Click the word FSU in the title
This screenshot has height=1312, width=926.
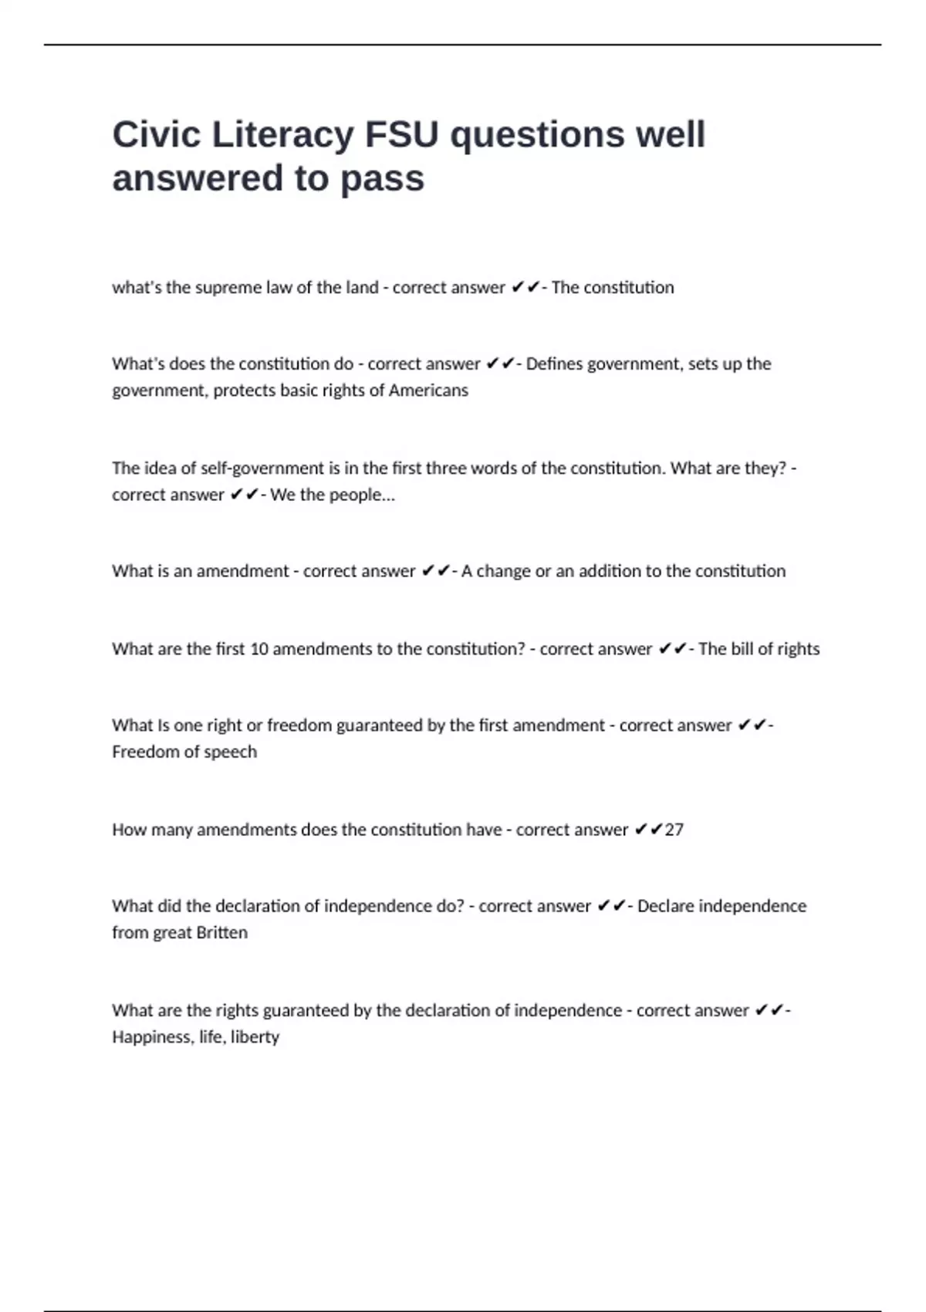point(401,135)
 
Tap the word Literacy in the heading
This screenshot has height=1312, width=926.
point(282,135)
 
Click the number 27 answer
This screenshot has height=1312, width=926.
point(674,830)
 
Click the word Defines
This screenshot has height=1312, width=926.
point(554,364)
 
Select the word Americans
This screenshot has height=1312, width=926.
point(428,391)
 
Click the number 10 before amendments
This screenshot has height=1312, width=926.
point(259,649)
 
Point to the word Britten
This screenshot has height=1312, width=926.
point(222,932)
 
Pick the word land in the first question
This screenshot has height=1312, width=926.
point(362,288)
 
